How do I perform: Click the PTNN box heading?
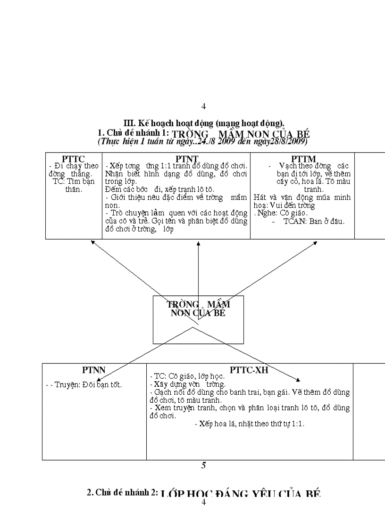[x=93, y=370]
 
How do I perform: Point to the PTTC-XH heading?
[x=249, y=370]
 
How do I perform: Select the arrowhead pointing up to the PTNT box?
[x=198, y=244]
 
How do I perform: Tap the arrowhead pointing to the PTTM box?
[x=315, y=243]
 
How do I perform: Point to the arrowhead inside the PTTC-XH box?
[x=298, y=379]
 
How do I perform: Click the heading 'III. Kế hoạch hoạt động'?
[x=203, y=124]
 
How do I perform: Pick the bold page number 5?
[x=203, y=465]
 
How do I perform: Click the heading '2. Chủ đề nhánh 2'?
[x=122, y=493]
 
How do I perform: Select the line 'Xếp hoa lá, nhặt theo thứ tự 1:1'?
[x=250, y=424]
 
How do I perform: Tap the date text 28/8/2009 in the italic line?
[x=288, y=141]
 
